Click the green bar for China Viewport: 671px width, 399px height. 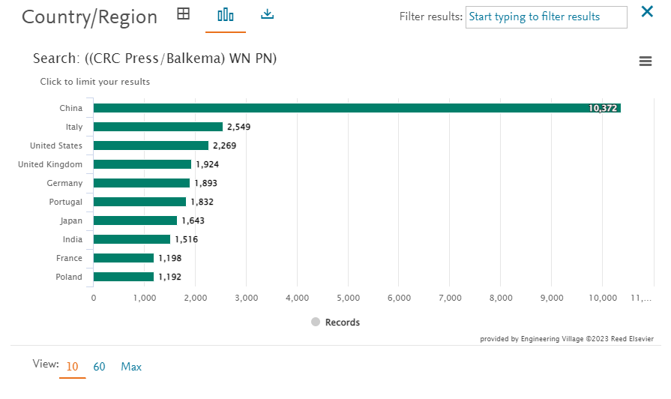(357, 108)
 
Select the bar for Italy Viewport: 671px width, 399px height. (158, 127)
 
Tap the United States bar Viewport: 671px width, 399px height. (151, 145)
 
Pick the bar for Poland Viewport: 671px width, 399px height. (124, 277)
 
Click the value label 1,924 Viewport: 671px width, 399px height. (208, 164)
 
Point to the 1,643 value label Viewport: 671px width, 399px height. (193, 220)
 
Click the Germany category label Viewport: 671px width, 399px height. (64, 183)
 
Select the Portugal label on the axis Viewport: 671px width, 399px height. (65, 202)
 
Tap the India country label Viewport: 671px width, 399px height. (72, 239)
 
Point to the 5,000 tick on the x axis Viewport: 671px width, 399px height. (349, 298)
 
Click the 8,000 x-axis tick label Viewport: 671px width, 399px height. (501, 298)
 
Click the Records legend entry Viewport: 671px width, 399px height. (336, 322)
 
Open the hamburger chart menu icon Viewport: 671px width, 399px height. (646, 61)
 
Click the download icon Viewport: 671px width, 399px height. (268, 14)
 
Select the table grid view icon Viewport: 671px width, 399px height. (183, 13)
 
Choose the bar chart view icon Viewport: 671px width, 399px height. (226, 15)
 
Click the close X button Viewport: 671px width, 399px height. (647, 11)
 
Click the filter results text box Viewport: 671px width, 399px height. (547, 17)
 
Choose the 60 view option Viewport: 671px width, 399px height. (99, 367)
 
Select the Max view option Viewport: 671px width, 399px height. (131, 367)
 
